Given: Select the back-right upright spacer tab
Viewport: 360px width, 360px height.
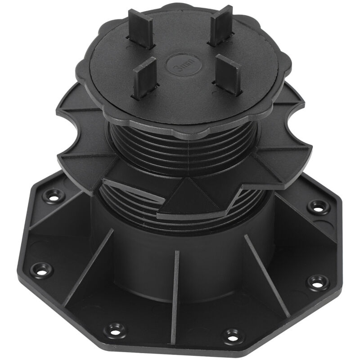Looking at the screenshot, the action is point(221,25).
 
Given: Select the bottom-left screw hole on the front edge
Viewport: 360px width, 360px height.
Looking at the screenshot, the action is point(114,331).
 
